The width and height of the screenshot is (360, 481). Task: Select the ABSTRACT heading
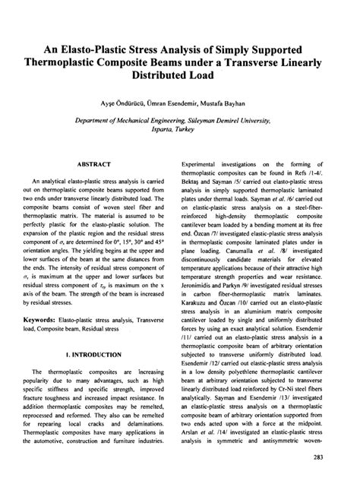click(x=95, y=163)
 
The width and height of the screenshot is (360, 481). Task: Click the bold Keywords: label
click(x=58, y=321)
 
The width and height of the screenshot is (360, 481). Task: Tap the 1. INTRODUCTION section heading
click(x=94, y=354)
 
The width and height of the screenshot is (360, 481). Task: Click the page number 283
click(x=330, y=456)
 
